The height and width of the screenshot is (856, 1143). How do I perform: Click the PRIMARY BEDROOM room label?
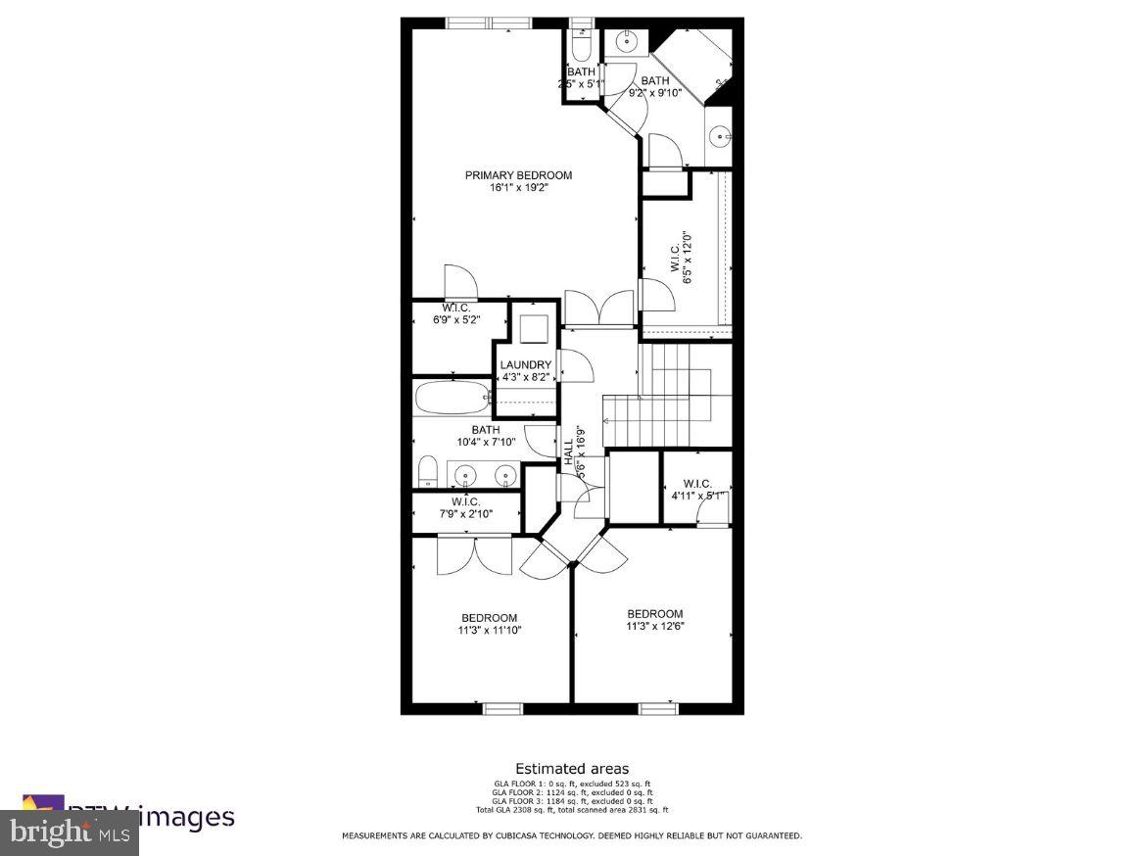point(518,175)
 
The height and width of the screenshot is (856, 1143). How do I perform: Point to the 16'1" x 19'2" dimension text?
point(518,188)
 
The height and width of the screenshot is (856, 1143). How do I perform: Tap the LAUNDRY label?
point(526,364)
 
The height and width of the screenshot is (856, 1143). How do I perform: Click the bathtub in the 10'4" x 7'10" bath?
point(451,399)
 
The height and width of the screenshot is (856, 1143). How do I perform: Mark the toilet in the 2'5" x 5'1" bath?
point(580,48)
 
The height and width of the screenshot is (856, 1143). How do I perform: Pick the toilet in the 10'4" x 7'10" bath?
point(427,471)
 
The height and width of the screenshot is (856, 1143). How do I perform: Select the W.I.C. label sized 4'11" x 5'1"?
point(697,483)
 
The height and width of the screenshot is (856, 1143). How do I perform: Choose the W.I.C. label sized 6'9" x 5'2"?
point(455,308)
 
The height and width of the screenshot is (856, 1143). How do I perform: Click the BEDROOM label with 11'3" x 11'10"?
point(489,617)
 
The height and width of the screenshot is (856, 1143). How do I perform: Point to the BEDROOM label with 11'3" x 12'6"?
point(655,614)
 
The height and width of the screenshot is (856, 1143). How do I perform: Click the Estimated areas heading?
point(572,769)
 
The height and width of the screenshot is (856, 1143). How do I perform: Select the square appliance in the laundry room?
point(534,328)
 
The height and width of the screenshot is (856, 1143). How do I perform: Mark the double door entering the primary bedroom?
point(600,309)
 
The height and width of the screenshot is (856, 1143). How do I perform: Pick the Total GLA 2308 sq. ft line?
point(572,810)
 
